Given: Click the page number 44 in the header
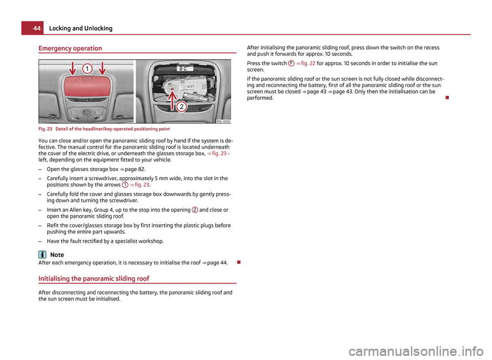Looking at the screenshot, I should pos(29,28).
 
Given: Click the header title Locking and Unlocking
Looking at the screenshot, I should pos(77,28).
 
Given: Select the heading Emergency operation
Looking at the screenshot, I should pos(70,48).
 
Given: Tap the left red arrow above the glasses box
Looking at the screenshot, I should pos(72,70).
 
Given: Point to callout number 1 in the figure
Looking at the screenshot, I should pos(88,68).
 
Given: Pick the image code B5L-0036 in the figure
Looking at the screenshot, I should pos(223,121).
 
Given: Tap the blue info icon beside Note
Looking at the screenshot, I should pos(42,255).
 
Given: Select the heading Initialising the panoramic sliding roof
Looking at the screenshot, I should pos(95,279).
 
